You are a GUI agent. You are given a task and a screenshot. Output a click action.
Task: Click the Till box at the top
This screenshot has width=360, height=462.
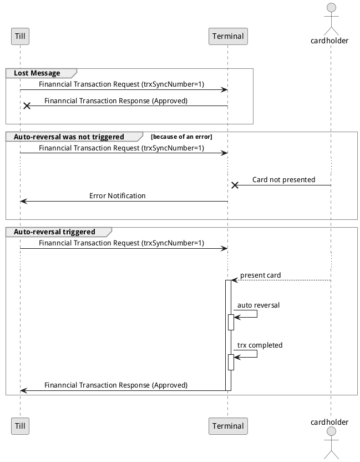pos(19,36)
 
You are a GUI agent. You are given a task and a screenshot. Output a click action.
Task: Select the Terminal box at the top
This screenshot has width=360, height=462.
pos(228,36)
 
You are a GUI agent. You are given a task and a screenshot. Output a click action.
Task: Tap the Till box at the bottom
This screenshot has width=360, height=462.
pos(19,426)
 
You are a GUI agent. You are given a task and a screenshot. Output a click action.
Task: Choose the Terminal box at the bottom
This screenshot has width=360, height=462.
pos(228,426)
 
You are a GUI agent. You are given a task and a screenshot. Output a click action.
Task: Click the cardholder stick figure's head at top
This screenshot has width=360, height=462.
pos(331,7)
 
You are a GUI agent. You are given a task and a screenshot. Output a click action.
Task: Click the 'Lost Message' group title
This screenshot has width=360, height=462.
pos(37,73)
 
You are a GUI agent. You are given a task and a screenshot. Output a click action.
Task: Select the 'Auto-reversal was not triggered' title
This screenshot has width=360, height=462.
pos(69,137)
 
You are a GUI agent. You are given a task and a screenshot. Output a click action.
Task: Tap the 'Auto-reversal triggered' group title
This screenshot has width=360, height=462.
pos(54,232)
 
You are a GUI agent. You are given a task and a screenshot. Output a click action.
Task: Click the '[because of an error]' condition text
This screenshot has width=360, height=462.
pos(181,137)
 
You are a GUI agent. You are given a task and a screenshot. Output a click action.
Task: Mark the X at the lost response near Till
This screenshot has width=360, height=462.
pos(26,106)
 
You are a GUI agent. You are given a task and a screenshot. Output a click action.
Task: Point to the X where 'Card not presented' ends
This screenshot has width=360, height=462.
pos(235,185)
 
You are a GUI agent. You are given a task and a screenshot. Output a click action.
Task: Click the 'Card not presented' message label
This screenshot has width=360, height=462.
pos(283,180)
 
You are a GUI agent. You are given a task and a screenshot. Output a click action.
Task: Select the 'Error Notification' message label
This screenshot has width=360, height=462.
pos(118,196)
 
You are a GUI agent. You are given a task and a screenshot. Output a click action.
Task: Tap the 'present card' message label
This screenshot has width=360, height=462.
pos(260,275)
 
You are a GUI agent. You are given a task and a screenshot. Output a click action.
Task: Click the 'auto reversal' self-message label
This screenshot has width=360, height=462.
pos(258,305)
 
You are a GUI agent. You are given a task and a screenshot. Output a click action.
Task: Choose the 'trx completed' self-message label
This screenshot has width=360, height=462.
pos(260,345)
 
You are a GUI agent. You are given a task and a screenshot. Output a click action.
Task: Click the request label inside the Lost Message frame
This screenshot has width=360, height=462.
pos(121,84)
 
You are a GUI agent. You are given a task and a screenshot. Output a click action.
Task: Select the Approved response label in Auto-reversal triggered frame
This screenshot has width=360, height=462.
pos(116,385)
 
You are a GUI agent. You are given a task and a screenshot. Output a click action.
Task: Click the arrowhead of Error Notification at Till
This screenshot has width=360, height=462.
pos(23,201)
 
